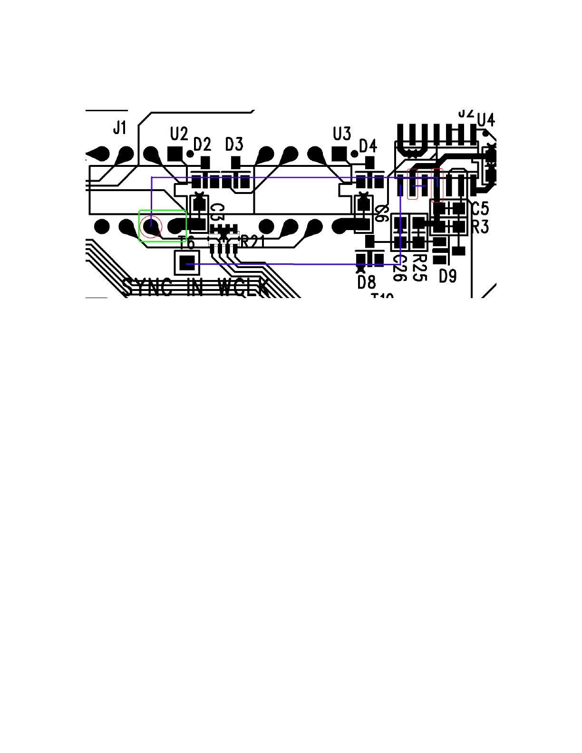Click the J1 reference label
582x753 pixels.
point(120,127)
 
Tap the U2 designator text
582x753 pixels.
point(179,134)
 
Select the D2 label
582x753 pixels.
point(202,144)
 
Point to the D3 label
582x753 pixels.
point(234,144)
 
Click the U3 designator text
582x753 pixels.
point(342,134)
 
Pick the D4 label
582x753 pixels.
point(368,145)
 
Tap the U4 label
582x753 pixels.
point(485,120)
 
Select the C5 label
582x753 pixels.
point(480,208)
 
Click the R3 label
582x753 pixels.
point(480,227)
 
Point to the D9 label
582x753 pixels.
point(447,276)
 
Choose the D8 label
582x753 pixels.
point(366,282)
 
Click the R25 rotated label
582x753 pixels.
point(419,267)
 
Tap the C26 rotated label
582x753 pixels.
point(400,268)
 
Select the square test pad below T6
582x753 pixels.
point(187,262)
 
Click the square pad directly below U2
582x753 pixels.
point(175,154)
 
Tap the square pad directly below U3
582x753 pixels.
point(339,154)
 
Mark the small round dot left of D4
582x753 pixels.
point(354,154)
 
